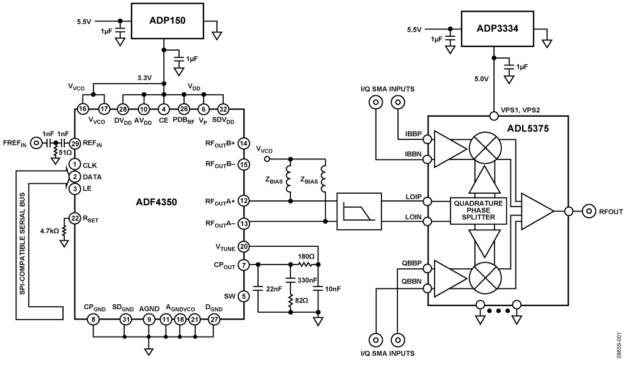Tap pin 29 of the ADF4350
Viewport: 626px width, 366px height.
75,144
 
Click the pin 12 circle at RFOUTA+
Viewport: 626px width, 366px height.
243,200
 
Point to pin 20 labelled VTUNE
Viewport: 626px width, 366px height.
243,247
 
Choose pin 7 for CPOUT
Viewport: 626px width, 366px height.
243,265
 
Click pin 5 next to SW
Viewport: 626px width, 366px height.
243,296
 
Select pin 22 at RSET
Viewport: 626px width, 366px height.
75,218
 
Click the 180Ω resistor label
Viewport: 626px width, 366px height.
306,257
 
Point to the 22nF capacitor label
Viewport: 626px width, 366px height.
274,289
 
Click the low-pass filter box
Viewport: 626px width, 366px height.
358,212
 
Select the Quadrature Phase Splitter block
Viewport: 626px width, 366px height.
478,210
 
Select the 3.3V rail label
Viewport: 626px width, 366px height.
145,78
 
